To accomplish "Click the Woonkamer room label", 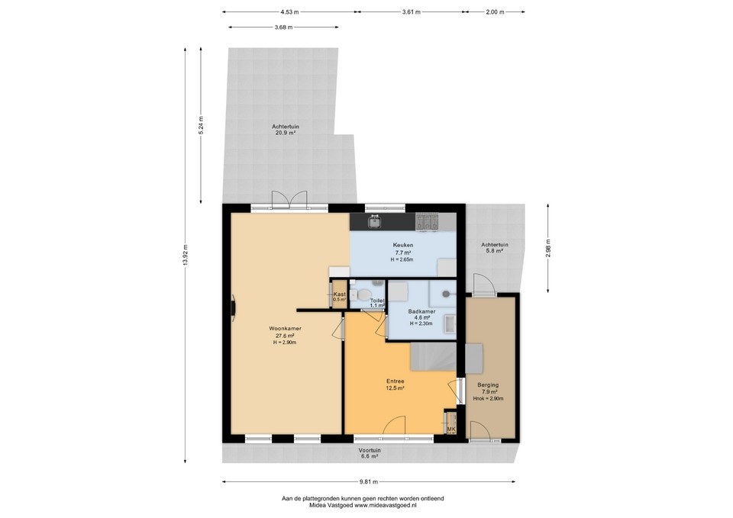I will coord(284,329).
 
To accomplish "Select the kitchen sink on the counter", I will coord(374,222).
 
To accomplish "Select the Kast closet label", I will coord(340,294).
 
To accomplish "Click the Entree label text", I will coord(395,381).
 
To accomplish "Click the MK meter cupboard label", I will coord(450,430).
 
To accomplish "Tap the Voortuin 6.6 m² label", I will coord(370,453).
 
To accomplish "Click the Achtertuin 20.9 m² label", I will coord(285,129).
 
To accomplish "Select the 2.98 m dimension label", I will coord(548,248).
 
